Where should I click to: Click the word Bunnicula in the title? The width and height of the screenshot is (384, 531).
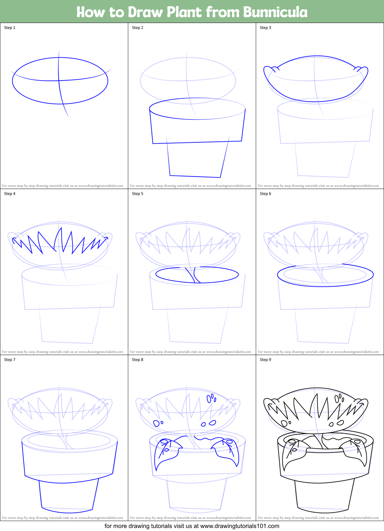coord(275,12)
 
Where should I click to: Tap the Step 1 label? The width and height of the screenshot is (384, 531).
coord(10,28)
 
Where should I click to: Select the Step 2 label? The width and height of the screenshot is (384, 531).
coord(138,28)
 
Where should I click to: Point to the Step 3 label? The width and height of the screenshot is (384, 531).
coord(265,28)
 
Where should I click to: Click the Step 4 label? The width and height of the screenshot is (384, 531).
coord(10,194)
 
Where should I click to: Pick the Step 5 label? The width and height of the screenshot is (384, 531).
coord(138,194)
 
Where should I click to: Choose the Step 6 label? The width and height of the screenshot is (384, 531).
coord(265,194)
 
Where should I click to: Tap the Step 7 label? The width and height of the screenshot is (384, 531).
coord(10,360)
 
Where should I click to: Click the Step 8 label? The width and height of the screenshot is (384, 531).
coord(138,360)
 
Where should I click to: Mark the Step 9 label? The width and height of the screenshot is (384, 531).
coord(265,360)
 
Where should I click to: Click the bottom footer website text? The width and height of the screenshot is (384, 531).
coord(192,526)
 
